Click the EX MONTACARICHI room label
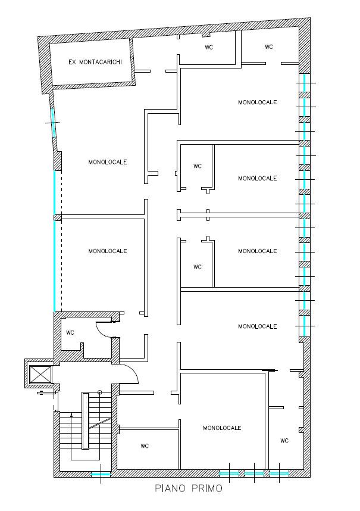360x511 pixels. click(x=95, y=62)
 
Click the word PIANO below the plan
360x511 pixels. click(x=170, y=488)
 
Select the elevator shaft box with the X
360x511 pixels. click(x=40, y=375)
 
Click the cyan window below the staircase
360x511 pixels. click(x=101, y=474)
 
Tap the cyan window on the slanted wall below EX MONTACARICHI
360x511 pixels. click(x=53, y=123)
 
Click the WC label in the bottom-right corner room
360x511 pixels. click(x=284, y=441)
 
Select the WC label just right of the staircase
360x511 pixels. click(x=145, y=446)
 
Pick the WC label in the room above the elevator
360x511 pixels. click(x=70, y=332)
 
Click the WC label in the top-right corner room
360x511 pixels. click(x=269, y=47)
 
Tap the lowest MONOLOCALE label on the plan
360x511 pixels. click(x=222, y=428)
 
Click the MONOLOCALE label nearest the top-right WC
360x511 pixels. click(x=258, y=102)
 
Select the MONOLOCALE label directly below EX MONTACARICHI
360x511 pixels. click(x=108, y=161)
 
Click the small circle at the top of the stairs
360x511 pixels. click(x=100, y=392)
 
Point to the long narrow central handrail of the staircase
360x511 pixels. click(x=85, y=420)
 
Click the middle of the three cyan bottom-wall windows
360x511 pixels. click(x=254, y=473)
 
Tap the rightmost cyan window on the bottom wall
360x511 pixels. click(x=279, y=473)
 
